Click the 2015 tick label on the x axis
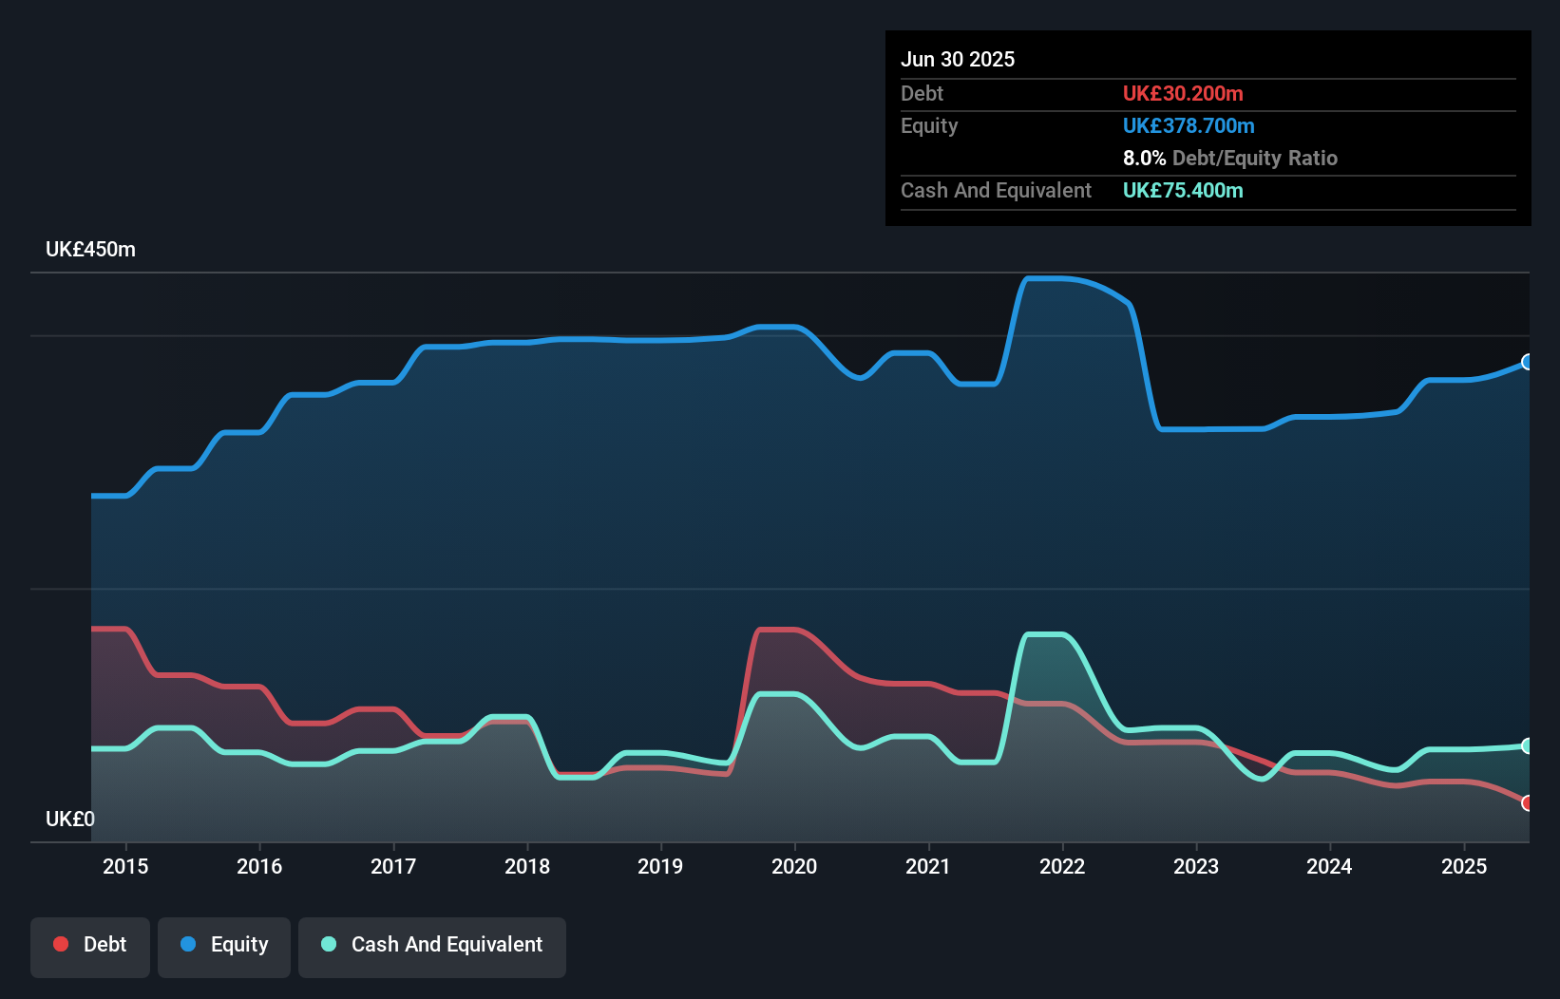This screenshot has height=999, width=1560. click(x=125, y=866)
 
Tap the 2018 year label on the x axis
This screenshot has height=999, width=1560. click(x=527, y=866)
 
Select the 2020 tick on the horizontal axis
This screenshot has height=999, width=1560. click(x=794, y=866)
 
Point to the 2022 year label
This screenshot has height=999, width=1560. click(x=1062, y=866)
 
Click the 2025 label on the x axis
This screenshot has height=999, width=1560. click(x=1464, y=866)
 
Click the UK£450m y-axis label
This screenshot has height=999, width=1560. click(x=90, y=250)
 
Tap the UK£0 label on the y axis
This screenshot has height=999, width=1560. click(x=70, y=819)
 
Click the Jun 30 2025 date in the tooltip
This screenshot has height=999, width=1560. click(x=958, y=60)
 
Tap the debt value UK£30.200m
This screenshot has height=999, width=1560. click(x=1183, y=94)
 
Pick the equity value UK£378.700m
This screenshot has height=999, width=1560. click(x=1189, y=126)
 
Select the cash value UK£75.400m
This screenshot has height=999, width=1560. click(x=1183, y=191)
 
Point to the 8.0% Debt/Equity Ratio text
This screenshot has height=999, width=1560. click(x=1229, y=159)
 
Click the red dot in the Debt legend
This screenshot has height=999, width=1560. click(x=61, y=944)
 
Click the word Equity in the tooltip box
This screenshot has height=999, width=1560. click(x=929, y=126)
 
